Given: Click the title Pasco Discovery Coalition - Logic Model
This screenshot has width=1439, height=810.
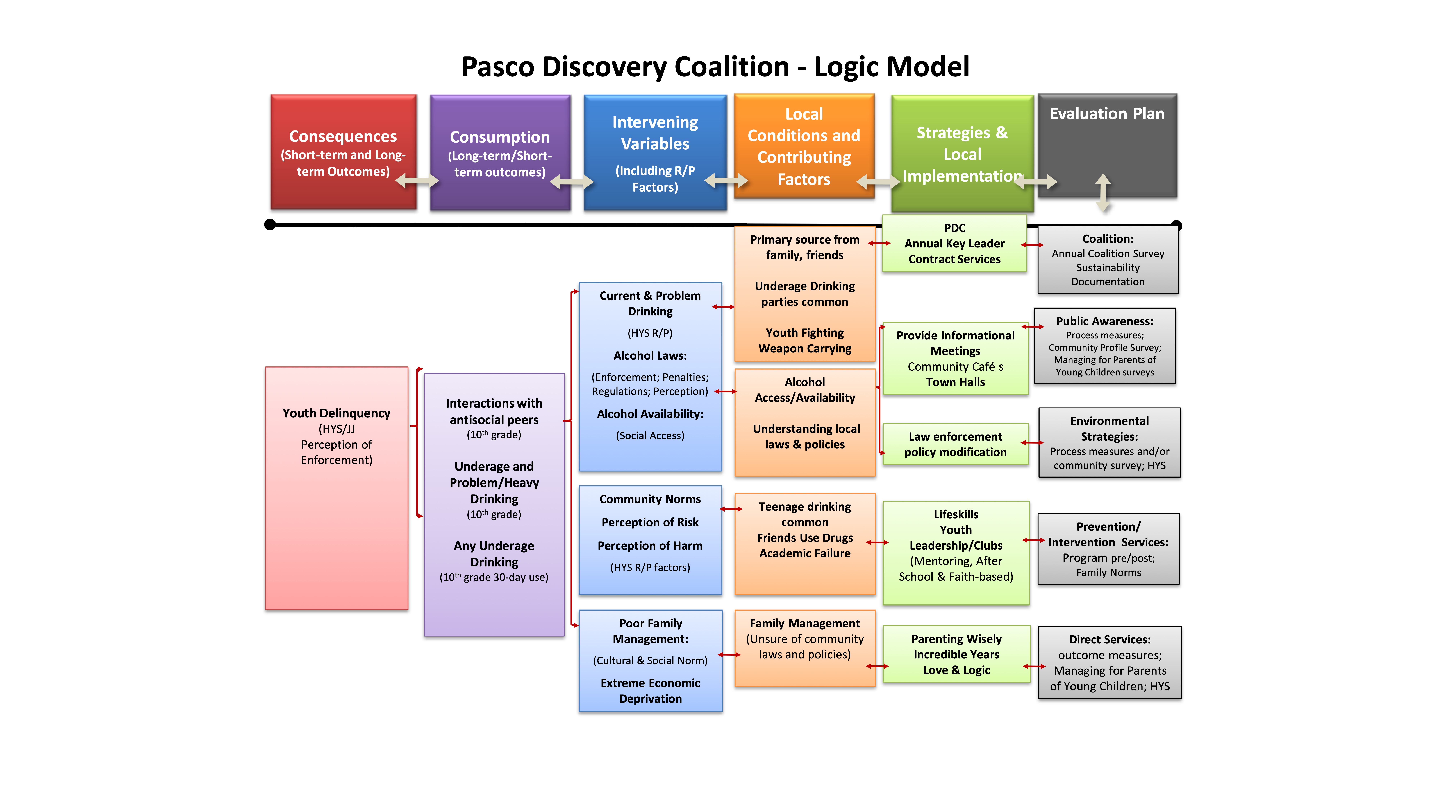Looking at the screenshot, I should (x=715, y=67).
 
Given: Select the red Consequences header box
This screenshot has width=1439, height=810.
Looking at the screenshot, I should (x=343, y=152).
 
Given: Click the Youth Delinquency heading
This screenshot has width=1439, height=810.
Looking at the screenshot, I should (x=336, y=413).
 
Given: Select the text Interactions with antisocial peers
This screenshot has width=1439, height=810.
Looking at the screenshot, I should (x=494, y=411).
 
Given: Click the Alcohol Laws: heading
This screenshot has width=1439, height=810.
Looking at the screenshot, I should (x=650, y=355).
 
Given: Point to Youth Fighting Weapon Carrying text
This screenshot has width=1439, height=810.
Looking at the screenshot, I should (x=804, y=340).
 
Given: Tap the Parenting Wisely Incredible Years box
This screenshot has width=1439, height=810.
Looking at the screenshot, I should (x=956, y=654).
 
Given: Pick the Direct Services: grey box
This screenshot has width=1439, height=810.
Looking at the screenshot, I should (x=1109, y=662).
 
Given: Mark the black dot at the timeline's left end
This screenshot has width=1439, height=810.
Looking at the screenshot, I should (x=270, y=225).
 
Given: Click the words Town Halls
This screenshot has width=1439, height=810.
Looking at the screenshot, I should (x=955, y=382).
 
